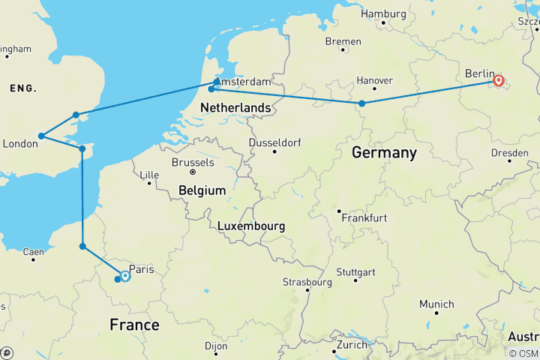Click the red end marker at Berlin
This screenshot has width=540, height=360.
pyautogui.click(x=499, y=79)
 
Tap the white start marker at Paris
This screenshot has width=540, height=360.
pyautogui.click(x=125, y=276)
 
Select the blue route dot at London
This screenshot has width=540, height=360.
pyautogui.click(x=42, y=136)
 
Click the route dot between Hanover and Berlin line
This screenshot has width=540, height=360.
pyautogui.click(x=362, y=103)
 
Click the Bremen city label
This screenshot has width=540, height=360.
pyautogui.click(x=343, y=41)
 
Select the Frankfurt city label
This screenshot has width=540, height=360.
pyautogui.click(x=363, y=217)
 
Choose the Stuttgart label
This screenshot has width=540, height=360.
pyautogui.click(x=355, y=271)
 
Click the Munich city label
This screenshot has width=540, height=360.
pyautogui.click(x=436, y=304)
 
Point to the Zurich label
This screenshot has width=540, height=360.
pyautogui.click(x=352, y=345)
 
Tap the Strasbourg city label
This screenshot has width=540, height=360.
pyautogui.click(x=307, y=282)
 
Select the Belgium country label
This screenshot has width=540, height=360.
pyautogui.click(x=202, y=190)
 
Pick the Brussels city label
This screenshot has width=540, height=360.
pyautogui.click(x=193, y=162)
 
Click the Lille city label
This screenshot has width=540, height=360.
pyautogui.click(x=150, y=175)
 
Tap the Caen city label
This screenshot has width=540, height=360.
pyautogui.click(x=33, y=252)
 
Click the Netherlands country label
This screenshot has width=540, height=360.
pyautogui.click(x=235, y=108)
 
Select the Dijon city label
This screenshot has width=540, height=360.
pyautogui.click(x=215, y=346)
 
